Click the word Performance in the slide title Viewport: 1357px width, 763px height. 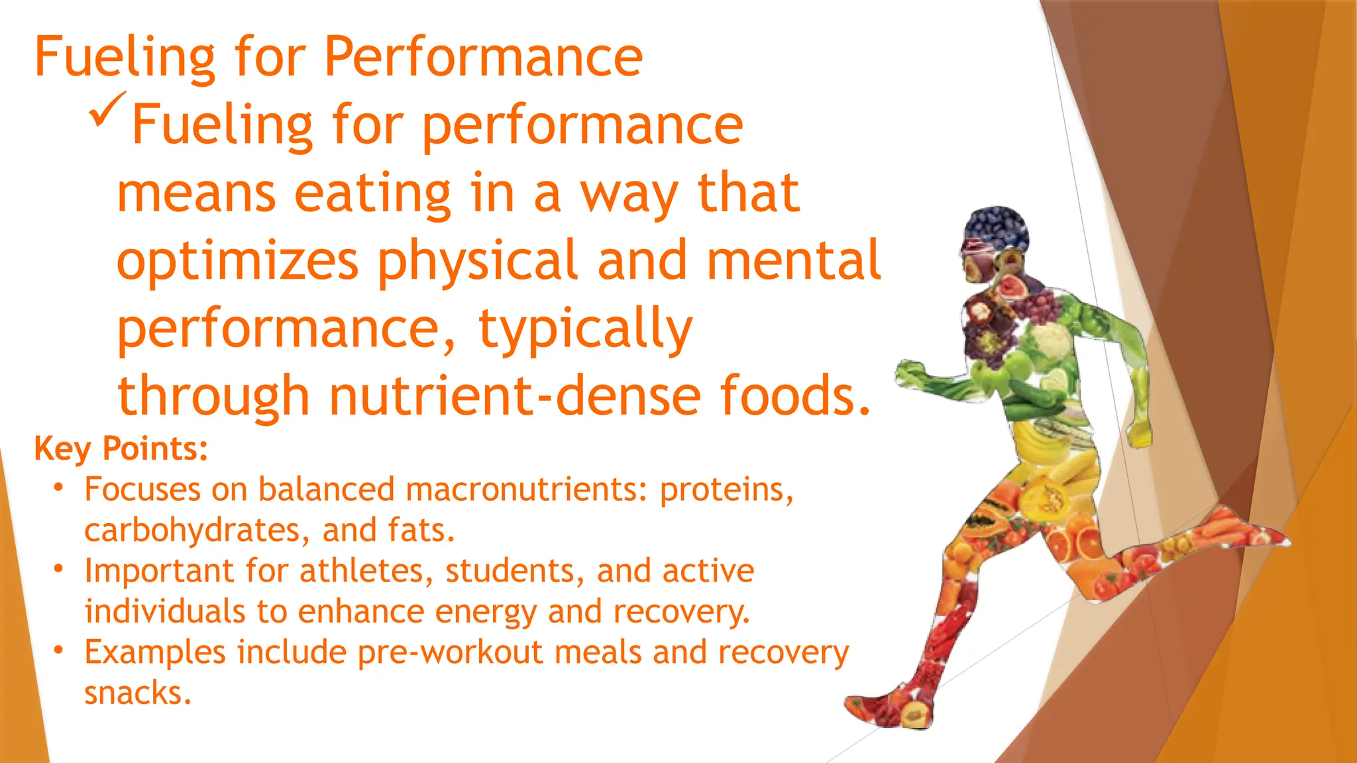point(483,57)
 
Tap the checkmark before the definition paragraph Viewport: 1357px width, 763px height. point(107,109)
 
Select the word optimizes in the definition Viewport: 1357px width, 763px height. point(237,261)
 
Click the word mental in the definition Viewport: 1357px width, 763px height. point(793,261)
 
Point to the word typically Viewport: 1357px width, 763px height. point(585,329)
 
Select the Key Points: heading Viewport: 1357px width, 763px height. point(121,448)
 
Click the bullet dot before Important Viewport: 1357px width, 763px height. point(59,569)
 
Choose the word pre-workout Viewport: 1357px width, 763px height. point(450,652)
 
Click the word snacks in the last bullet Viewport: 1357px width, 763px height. point(138,693)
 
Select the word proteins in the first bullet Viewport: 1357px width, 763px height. point(726,489)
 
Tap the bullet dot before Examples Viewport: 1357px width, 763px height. point(59,650)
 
